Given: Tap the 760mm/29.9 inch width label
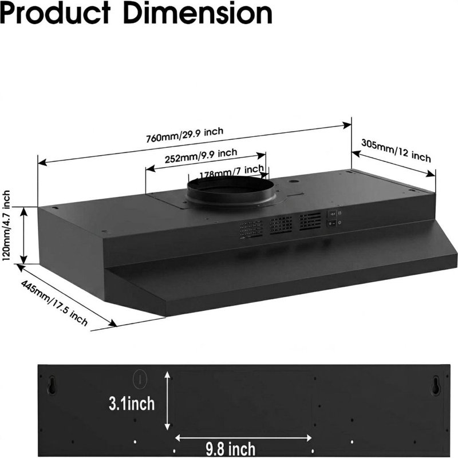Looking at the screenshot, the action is [x=184, y=135].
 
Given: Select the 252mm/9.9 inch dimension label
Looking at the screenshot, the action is [x=201, y=156].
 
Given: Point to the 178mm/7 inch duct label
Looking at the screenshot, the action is [x=232, y=172].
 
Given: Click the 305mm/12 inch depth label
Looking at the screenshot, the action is [x=396, y=151].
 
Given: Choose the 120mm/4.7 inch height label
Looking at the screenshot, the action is [x=6, y=226].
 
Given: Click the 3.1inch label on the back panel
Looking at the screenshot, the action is [x=132, y=404].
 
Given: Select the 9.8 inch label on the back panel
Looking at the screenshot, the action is [x=231, y=449].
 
